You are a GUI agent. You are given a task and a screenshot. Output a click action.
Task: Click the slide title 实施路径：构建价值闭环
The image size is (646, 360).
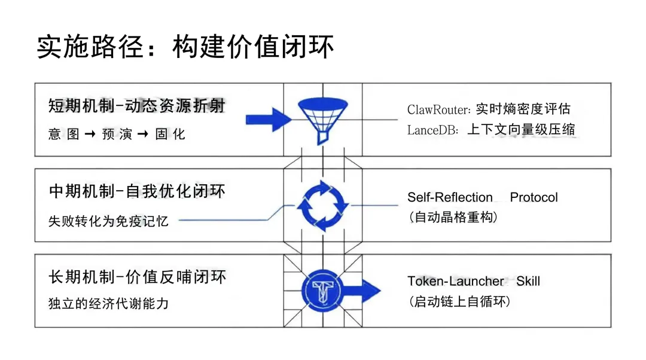(185, 46)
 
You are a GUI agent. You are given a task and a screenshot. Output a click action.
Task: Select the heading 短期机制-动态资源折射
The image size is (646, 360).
(136, 106)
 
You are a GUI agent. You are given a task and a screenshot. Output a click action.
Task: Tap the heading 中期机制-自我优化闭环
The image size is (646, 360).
(137, 191)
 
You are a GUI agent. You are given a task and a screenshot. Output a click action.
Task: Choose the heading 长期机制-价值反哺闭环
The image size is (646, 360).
(137, 277)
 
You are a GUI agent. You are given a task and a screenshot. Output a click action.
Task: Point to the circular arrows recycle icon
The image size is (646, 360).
(322, 205)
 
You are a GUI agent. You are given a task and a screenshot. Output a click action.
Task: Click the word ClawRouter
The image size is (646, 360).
(440, 109)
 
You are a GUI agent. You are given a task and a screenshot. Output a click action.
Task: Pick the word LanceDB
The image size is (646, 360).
(431, 130)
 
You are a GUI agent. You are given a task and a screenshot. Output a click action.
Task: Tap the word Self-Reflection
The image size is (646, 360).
(450, 197)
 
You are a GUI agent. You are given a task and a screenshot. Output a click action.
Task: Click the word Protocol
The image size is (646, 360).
(534, 197)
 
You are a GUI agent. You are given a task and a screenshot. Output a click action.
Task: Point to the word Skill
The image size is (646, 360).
(528, 281)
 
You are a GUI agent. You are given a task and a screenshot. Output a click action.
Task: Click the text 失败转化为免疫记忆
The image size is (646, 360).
(108, 221)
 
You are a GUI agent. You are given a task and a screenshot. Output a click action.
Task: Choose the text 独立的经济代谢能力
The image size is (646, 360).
(108, 304)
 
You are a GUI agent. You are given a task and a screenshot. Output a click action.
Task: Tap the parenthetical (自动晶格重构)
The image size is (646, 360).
(452, 217)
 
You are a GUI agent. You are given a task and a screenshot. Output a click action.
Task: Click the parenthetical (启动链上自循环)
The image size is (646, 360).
(459, 301)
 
